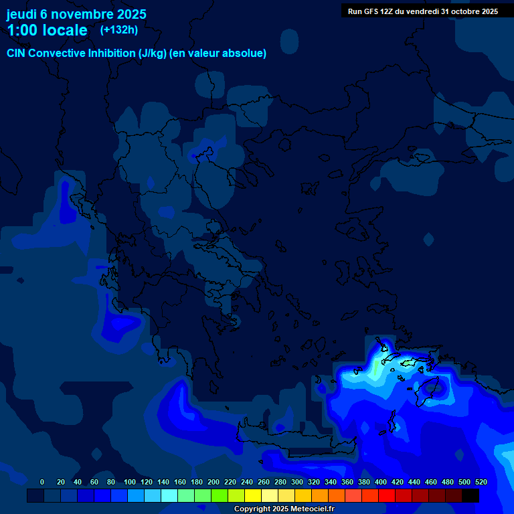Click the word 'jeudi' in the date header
(x=21, y=14)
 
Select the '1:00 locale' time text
(x=47, y=30)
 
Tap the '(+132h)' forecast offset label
(x=118, y=29)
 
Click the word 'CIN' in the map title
(x=17, y=54)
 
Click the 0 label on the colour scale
(x=42, y=482)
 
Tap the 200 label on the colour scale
(x=213, y=482)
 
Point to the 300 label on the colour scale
(x=297, y=482)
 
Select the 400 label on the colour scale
(x=381, y=482)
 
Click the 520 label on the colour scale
(x=481, y=482)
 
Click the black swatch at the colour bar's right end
(x=470, y=495)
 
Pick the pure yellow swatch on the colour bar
(x=253, y=495)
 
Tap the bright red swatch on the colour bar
(x=387, y=495)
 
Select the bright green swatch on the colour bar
(x=220, y=495)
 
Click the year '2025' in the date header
(x=132, y=14)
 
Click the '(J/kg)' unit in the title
(x=153, y=54)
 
